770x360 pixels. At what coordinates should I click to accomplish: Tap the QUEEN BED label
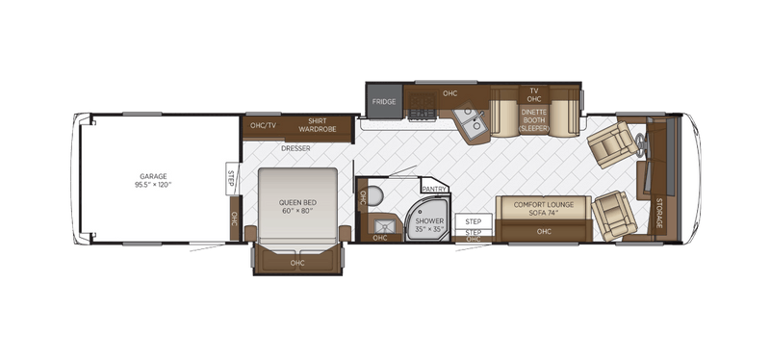[297, 205]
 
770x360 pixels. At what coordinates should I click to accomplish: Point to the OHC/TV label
[263, 125]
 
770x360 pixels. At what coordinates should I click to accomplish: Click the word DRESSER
[295, 148]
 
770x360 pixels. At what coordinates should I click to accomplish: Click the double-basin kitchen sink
[470, 125]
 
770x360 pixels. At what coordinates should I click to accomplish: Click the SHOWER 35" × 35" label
[427, 225]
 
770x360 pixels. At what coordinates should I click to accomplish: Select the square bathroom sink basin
[376, 226]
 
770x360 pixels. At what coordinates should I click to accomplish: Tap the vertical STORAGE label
[658, 213]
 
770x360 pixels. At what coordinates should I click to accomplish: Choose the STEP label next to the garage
[231, 179]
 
